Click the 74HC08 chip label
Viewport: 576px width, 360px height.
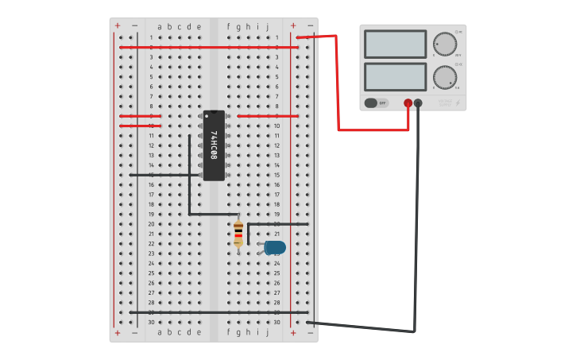pos(214,145)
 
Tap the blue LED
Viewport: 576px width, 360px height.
pos(274,248)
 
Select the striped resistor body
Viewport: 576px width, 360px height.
pos(238,234)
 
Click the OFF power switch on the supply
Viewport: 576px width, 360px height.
pos(376,103)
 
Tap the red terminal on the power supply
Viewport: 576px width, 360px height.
pos(408,103)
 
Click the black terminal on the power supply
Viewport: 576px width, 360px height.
pos(419,103)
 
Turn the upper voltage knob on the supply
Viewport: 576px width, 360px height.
pos(444,44)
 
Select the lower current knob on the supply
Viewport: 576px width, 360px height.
pos(444,77)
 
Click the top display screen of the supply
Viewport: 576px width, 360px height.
pos(395,44)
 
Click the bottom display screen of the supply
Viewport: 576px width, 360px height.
pos(395,77)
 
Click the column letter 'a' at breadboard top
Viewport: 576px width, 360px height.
pos(159,26)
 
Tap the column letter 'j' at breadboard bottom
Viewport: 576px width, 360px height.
pos(267,332)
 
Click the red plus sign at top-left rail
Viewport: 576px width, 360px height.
pos(118,25)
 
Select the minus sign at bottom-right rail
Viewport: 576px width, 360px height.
pos(310,333)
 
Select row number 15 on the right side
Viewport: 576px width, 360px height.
pos(276,175)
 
